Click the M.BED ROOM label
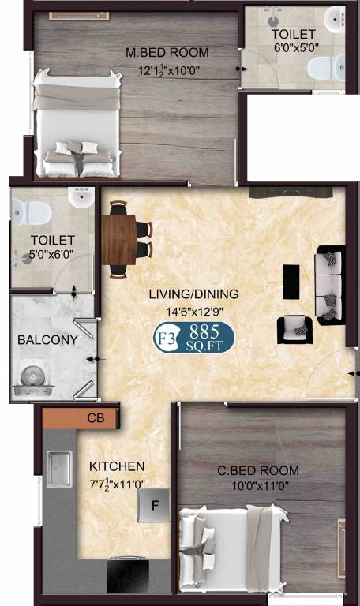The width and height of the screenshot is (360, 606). click(x=167, y=53)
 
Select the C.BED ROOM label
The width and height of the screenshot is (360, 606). click(x=258, y=471)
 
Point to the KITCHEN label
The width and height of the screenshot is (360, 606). click(x=116, y=466)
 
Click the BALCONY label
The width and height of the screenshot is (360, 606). click(x=47, y=340)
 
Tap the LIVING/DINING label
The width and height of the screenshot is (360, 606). click(x=193, y=294)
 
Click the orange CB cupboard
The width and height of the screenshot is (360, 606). click(x=81, y=417)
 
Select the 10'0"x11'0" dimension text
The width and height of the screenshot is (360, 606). click(x=258, y=486)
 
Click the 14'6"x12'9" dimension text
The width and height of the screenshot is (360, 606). click(x=193, y=311)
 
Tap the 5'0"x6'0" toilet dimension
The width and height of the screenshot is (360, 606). click(x=52, y=255)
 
